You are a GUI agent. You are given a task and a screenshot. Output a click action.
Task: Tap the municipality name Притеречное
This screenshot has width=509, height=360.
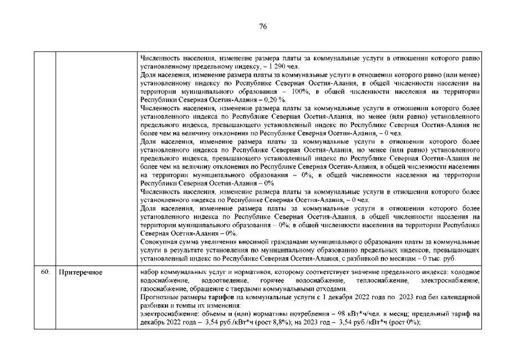(79, 272)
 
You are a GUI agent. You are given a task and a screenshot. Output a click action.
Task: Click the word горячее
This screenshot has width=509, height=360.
(273, 280)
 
